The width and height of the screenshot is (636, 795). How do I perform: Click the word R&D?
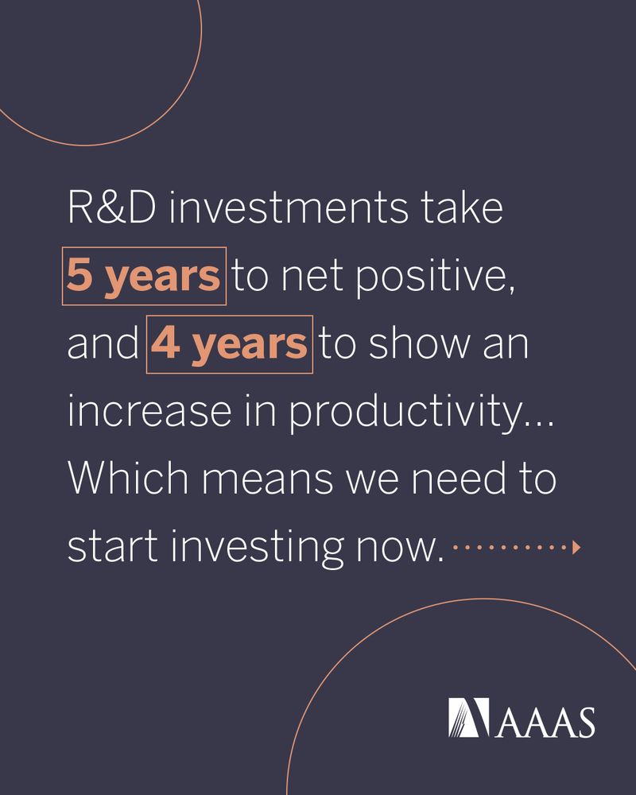pos(112,207)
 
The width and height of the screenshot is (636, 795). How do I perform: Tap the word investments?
pos(288,207)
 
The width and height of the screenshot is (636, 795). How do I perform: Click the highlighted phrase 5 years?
pos(144,277)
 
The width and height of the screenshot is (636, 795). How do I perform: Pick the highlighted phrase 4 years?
pos(229,345)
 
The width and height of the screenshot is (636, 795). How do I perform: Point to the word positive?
pos(435,277)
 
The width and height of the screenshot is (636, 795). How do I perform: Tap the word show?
pos(420,344)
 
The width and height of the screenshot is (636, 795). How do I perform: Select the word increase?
pos(149,411)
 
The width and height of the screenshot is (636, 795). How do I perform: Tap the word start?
pos(113,547)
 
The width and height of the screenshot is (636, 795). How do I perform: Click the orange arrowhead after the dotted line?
pos(576,548)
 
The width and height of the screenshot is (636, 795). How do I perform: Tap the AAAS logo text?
pos(545,722)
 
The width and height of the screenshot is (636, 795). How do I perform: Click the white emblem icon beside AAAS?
pos(468,717)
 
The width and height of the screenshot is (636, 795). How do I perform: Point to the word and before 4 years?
pos(103,344)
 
